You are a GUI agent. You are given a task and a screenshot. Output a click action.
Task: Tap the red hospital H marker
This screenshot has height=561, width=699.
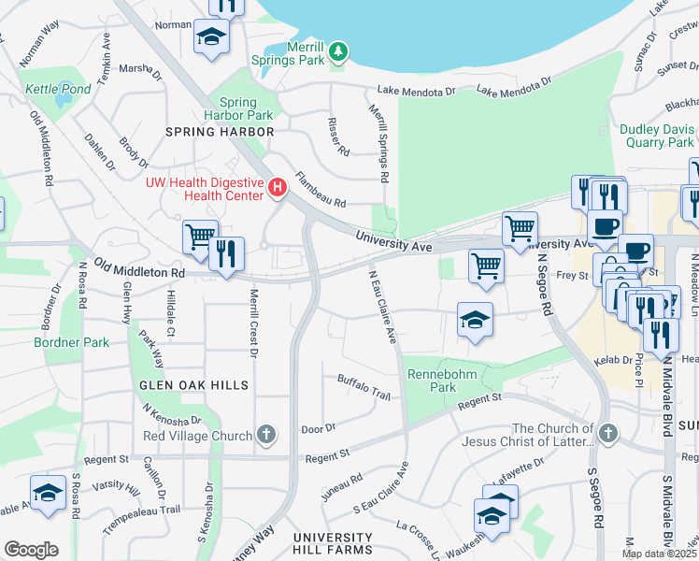[x=277, y=189]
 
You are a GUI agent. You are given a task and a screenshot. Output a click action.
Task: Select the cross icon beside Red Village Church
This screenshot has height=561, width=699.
[x=266, y=435]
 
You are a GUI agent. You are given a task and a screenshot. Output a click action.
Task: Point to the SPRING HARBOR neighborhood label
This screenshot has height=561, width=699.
[x=220, y=132]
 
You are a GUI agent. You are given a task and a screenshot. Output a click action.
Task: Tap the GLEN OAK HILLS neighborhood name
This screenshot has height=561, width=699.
[x=194, y=385]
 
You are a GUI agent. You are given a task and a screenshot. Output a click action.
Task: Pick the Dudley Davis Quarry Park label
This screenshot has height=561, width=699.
[x=657, y=137]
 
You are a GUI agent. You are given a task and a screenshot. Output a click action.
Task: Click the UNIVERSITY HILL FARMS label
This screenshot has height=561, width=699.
[x=332, y=543]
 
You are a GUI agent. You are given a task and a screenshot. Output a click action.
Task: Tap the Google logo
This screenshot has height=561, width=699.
[x=31, y=550]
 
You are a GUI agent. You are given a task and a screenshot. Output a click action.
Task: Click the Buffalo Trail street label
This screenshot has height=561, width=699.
[x=364, y=385]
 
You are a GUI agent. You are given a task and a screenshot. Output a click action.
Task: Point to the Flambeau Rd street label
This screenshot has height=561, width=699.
[x=321, y=189]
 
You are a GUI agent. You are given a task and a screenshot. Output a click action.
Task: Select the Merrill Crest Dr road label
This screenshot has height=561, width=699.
[x=252, y=323]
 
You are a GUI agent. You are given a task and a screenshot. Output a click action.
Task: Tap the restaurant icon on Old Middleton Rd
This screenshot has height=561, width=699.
[x=226, y=253]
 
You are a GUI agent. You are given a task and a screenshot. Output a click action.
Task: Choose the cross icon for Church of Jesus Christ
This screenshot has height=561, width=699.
[x=608, y=434]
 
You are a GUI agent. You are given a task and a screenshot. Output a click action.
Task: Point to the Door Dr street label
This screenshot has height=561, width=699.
[x=319, y=429]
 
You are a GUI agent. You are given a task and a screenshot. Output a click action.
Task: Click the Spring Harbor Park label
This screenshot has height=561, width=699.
[x=246, y=108]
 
